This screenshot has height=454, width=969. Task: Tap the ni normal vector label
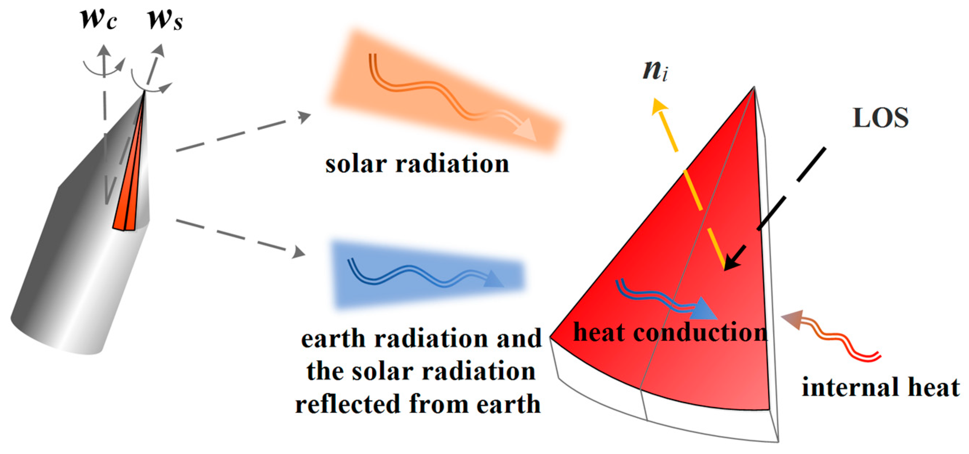(x=655, y=70)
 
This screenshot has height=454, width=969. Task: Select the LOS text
(x=881, y=118)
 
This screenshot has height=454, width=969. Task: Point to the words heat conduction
(x=670, y=332)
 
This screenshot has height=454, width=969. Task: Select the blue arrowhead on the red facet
(x=704, y=309)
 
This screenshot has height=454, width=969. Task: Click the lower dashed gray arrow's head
(x=299, y=252)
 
